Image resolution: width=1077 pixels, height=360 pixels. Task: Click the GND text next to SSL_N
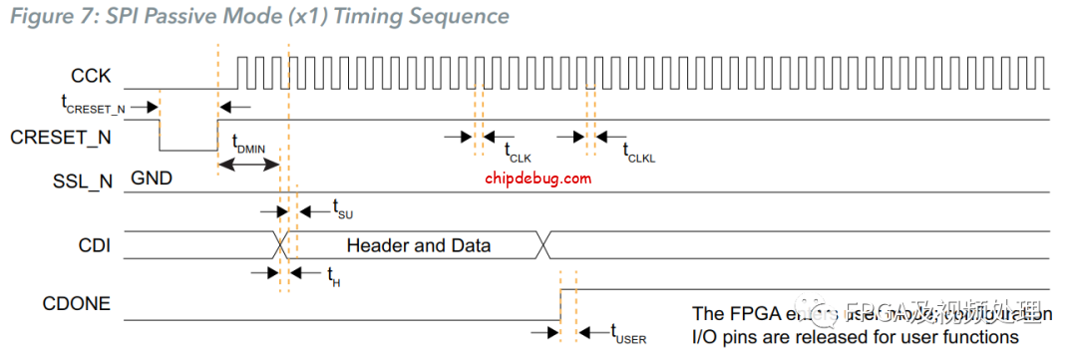pos(150,180)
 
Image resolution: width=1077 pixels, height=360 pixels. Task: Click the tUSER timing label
pos(628,333)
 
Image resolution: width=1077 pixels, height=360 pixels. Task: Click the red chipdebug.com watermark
pos(538,179)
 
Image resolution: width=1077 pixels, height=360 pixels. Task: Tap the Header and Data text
pos(418,244)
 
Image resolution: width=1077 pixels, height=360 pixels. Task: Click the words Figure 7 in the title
pos(45,16)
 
